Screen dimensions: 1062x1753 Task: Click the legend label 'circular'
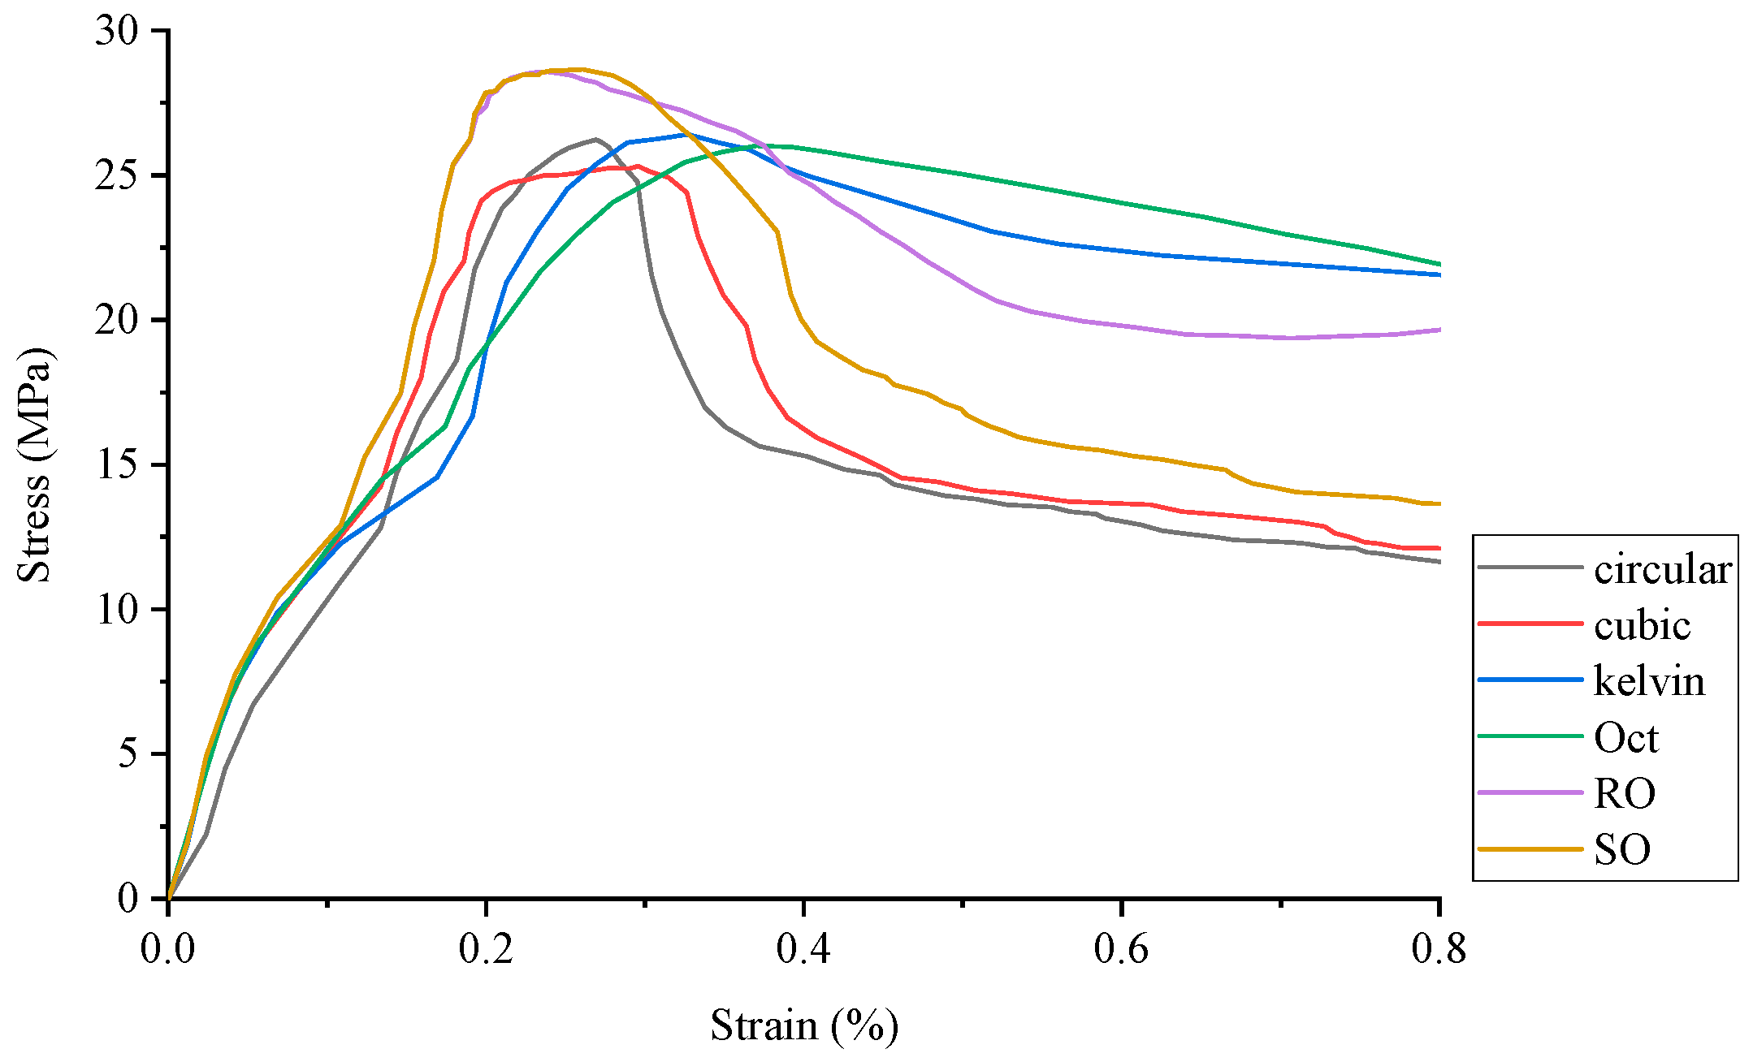pos(1662,570)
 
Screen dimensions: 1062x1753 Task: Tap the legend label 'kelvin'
pos(1649,681)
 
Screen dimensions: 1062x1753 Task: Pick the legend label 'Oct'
pos(1625,738)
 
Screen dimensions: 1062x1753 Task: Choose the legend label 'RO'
pos(1624,793)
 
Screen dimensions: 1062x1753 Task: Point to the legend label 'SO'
pos(1621,850)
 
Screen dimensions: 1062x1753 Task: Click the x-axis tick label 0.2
pos(486,948)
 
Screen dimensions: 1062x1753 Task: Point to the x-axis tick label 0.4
pos(803,948)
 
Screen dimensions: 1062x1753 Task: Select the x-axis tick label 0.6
pos(1121,948)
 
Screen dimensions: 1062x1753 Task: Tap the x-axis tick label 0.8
pos(1439,948)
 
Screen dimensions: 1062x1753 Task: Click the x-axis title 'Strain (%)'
pos(804,1025)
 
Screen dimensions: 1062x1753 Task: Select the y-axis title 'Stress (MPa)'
pos(34,464)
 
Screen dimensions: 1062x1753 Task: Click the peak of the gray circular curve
pos(595,139)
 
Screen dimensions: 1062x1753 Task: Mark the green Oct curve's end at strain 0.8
pos(1439,264)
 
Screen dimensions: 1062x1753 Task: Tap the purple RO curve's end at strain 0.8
pos(1439,330)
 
